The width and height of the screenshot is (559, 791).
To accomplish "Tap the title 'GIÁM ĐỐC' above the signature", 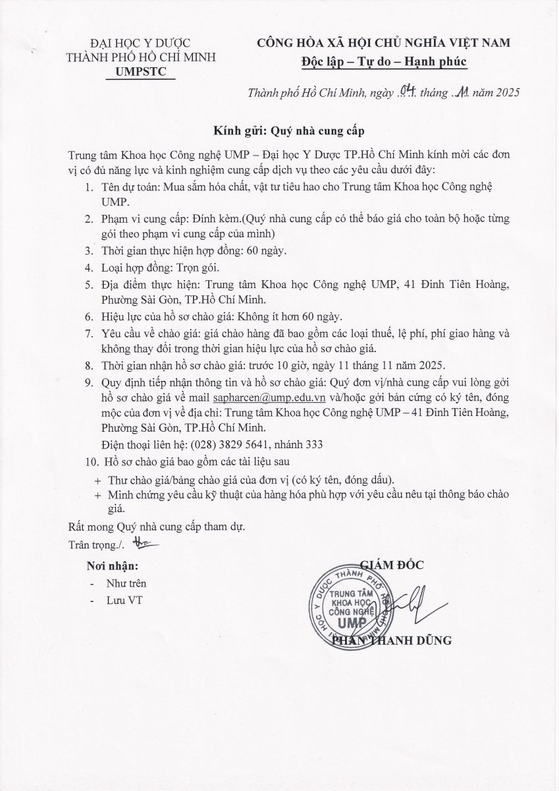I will click(x=392, y=564).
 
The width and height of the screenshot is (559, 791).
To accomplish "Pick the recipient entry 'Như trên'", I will click(x=126, y=583).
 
